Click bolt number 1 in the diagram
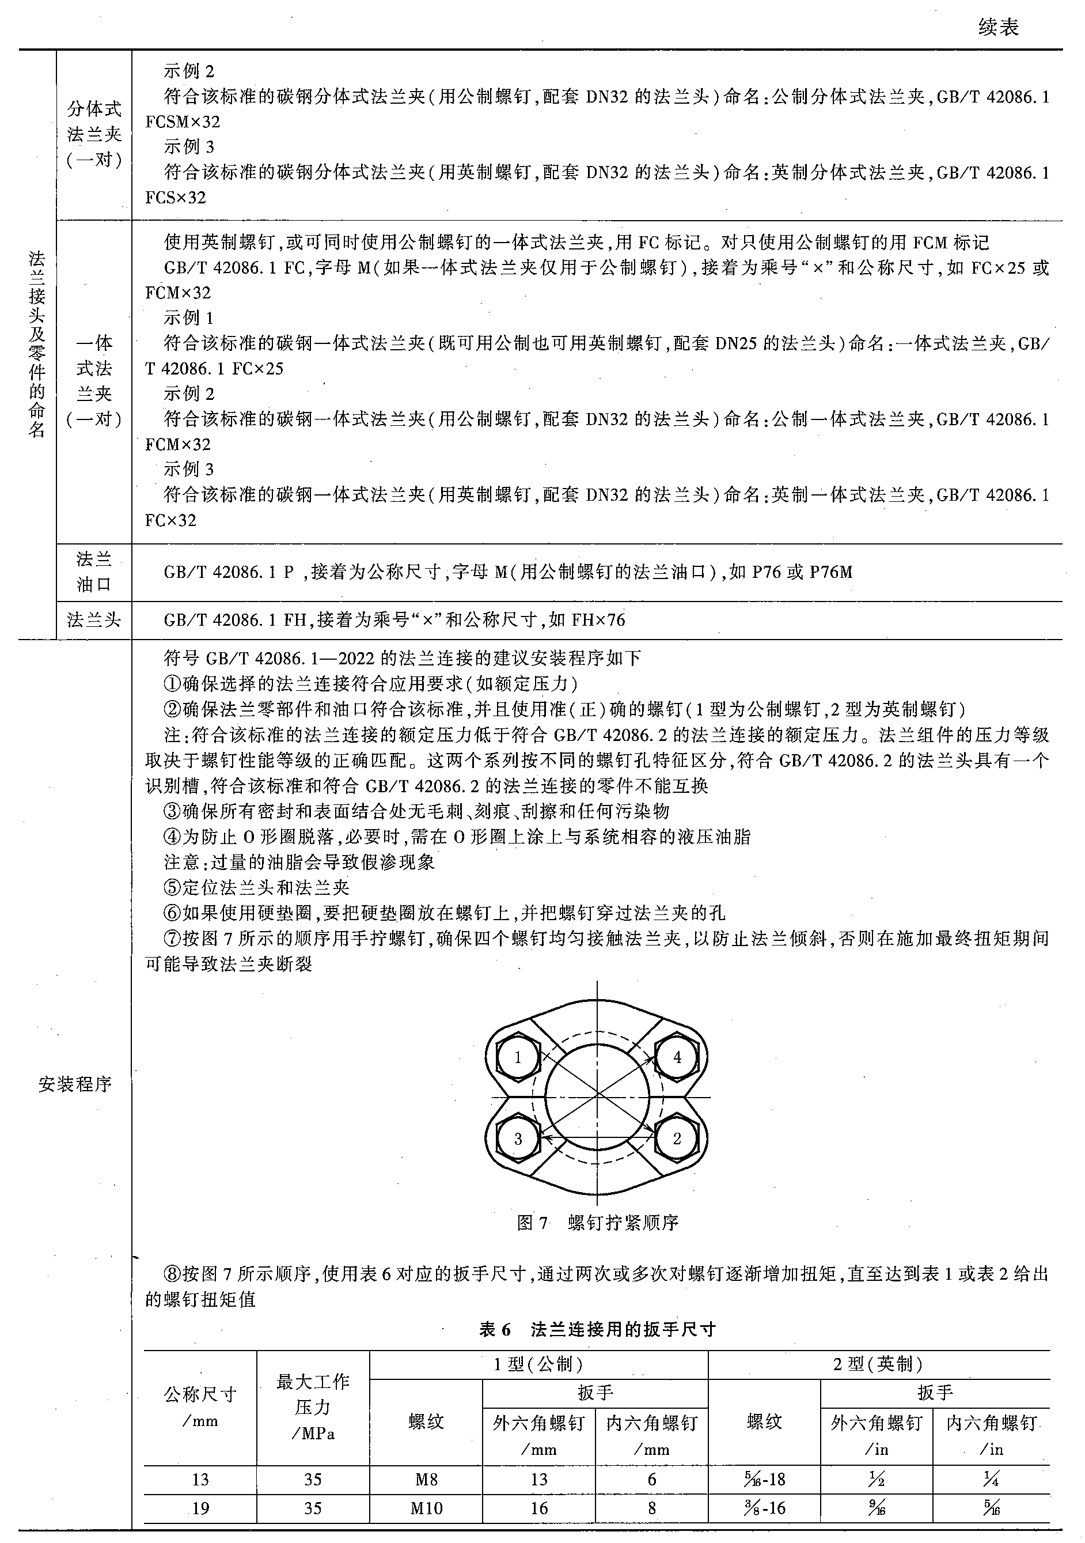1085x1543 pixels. pos(517,1058)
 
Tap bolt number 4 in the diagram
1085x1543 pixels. pos(677,1057)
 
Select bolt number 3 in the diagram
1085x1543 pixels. pos(517,1139)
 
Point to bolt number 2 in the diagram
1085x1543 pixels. pos(677,1139)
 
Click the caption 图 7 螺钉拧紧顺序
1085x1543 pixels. pos(597,1223)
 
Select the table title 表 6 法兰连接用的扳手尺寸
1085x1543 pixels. pos(597,1329)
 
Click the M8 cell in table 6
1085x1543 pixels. pos(426,1479)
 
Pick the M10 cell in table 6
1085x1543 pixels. pos(426,1508)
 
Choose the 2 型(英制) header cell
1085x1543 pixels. pos(878,1364)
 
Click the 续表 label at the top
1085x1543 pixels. pos(999,28)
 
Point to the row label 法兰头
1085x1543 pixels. pos(93,619)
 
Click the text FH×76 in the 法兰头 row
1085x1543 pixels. pos(598,619)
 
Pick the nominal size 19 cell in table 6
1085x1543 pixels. pos(200,1508)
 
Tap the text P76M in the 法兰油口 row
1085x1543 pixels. pos(831,573)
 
